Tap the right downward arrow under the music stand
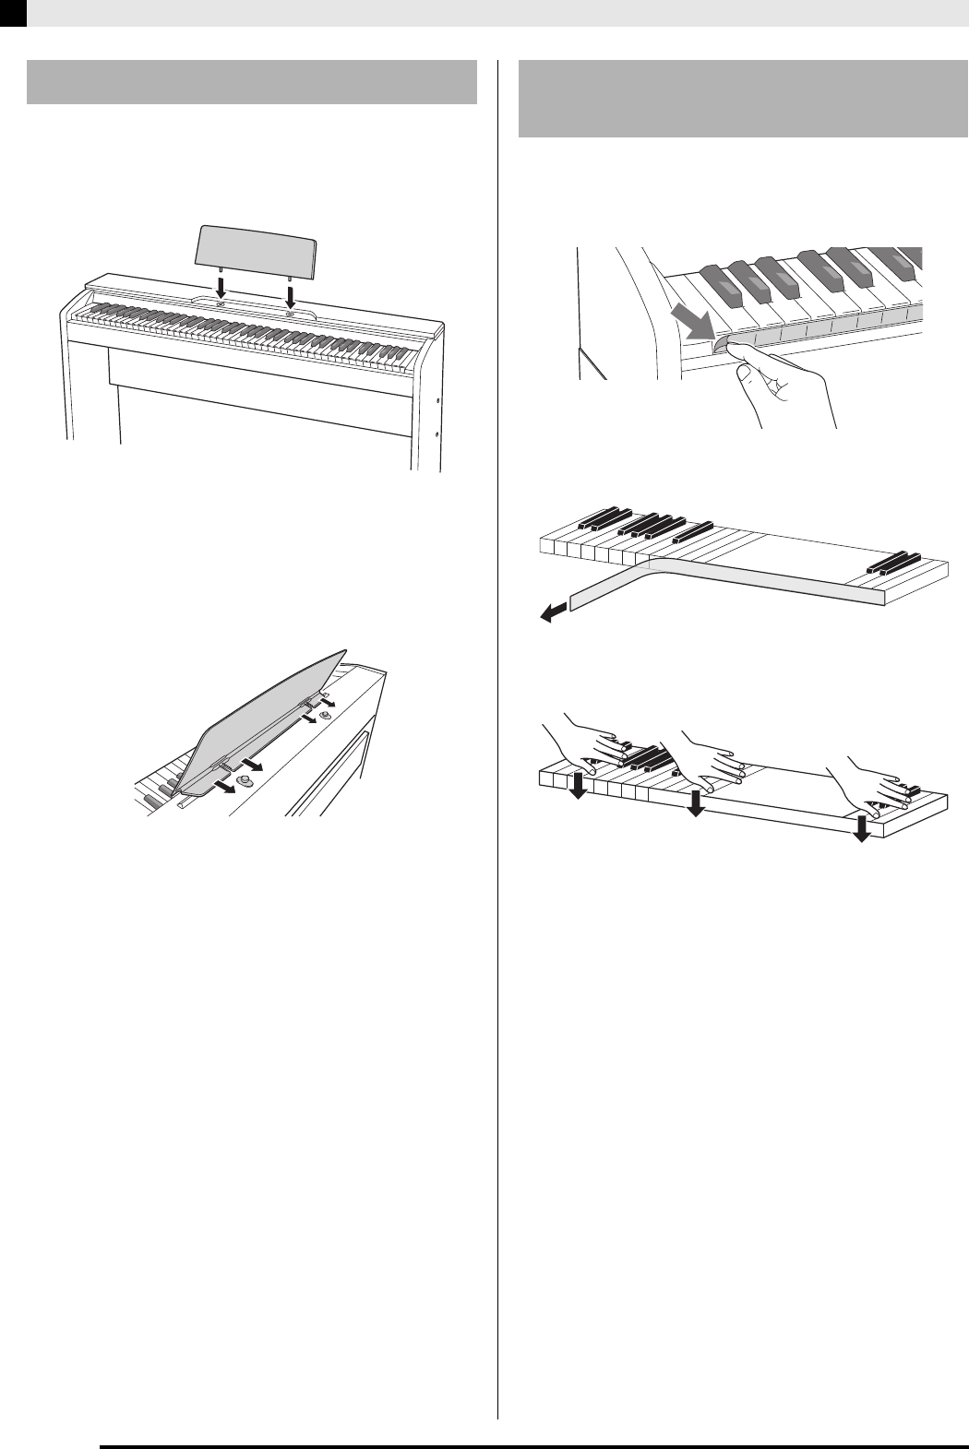pyautogui.click(x=291, y=296)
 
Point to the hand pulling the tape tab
pyautogui.click(x=780, y=378)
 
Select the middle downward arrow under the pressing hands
pyautogui.click(x=696, y=803)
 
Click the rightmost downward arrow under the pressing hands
pyautogui.click(x=861, y=825)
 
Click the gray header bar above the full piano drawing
pyautogui.click(x=252, y=82)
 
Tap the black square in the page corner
pyautogui.click(x=13, y=11)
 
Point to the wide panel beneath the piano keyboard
pyautogui.click(x=258, y=369)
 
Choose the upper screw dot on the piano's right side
pyautogui.click(x=436, y=402)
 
